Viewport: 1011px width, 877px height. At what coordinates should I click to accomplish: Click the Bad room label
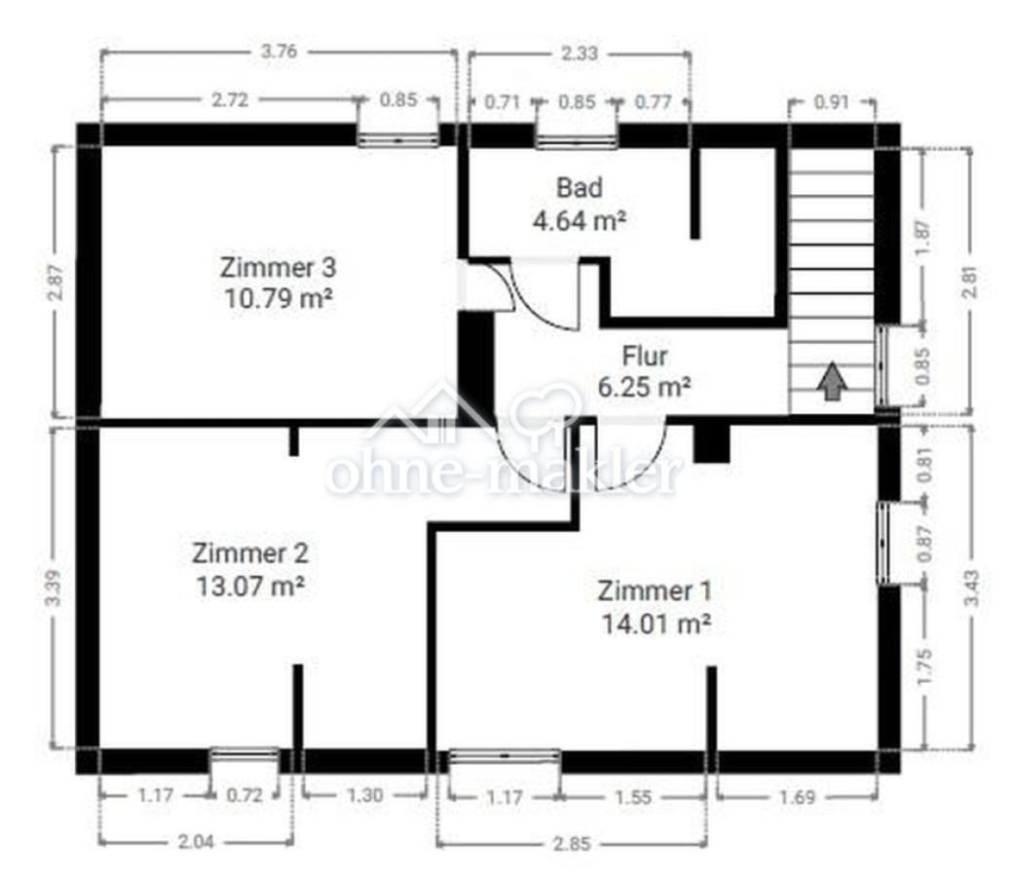580,188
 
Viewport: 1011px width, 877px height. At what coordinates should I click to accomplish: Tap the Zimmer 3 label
278,267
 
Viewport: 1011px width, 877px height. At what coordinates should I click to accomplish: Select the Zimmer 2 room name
250,553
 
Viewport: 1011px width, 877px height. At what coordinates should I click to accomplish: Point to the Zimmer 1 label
655,591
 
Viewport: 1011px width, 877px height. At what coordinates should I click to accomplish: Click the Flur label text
644,356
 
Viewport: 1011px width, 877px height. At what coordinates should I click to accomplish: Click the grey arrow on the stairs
833,380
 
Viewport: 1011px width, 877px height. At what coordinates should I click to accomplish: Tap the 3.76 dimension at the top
280,52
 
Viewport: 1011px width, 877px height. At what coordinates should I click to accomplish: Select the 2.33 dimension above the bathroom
579,53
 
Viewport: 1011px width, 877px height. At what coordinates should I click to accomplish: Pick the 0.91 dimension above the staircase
831,102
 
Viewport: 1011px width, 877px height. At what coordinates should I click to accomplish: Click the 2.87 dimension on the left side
56,283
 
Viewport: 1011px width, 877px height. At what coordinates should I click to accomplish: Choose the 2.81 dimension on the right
970,282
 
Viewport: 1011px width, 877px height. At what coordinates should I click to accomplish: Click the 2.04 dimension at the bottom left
196,842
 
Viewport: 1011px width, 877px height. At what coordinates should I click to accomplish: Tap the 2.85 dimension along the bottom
572,844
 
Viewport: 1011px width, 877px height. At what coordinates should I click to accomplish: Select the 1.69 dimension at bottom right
798,797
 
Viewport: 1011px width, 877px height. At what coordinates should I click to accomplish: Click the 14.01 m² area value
655,624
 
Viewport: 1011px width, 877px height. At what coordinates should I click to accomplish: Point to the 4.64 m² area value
579,220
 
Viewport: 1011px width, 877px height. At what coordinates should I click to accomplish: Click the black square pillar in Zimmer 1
711,443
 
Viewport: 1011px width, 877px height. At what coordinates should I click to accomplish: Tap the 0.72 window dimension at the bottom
244,795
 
